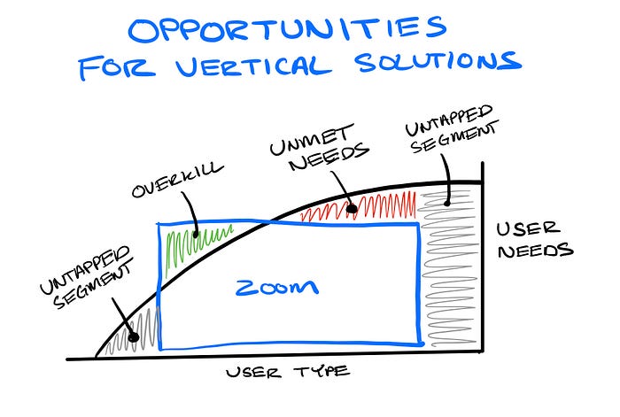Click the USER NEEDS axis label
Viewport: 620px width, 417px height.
532,240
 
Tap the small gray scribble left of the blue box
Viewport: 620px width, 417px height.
142,331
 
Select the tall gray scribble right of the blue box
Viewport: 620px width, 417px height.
453,266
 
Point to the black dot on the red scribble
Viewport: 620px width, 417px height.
352,210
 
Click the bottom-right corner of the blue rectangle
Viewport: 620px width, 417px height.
420,345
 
